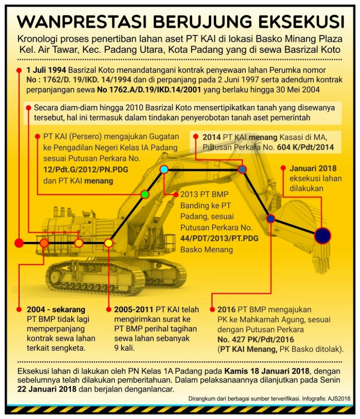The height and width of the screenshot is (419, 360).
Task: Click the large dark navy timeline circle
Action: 323,236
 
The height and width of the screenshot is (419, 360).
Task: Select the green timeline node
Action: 145,194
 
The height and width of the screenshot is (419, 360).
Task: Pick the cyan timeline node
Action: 164,169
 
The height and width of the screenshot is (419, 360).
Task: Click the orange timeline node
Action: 44,243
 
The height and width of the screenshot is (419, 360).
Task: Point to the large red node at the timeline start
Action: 19,243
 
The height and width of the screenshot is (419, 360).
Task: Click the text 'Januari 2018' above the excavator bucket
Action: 313,168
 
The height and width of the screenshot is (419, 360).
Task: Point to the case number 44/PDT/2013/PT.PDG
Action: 220,239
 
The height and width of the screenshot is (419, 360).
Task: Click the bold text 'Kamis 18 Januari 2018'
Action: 267,372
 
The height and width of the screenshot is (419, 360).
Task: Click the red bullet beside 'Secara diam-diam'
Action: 29,108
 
